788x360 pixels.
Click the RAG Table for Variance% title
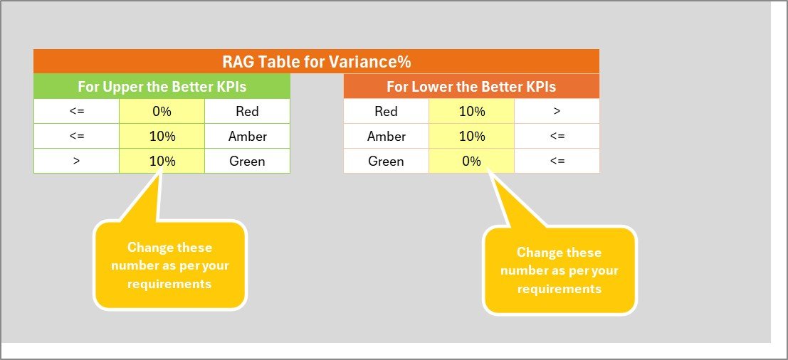click(x=317, y=63)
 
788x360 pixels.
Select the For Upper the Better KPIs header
click(x=162, y=86)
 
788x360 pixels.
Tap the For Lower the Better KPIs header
click(x=471, y=86)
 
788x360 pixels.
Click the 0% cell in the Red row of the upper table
click(x=162, y=112)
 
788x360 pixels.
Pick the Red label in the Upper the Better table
click(x=247, y=112)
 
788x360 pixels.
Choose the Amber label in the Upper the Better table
click(x=247, y=136)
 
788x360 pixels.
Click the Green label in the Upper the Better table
click(x=247, y=162)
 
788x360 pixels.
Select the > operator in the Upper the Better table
click(x=76, y=162)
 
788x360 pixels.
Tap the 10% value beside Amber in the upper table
click(x=162, y=136)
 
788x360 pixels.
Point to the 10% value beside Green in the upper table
click(x=162, y=162)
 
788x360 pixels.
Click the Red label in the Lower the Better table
click(x=386, y=112)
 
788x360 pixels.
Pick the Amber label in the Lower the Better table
click(x=387, y=136)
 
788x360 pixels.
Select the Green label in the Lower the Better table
click(x=386, y=162)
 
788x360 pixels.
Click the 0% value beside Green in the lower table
click(x=471, y=162)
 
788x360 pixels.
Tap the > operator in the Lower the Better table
click(x=557, y=112)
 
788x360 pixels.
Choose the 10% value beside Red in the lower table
click(x=472, y=112)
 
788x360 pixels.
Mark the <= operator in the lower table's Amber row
click(x=557, y=137)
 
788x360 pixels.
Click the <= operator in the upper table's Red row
click(x=76, y=112)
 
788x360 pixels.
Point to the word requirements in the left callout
click(x=169, y=284)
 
